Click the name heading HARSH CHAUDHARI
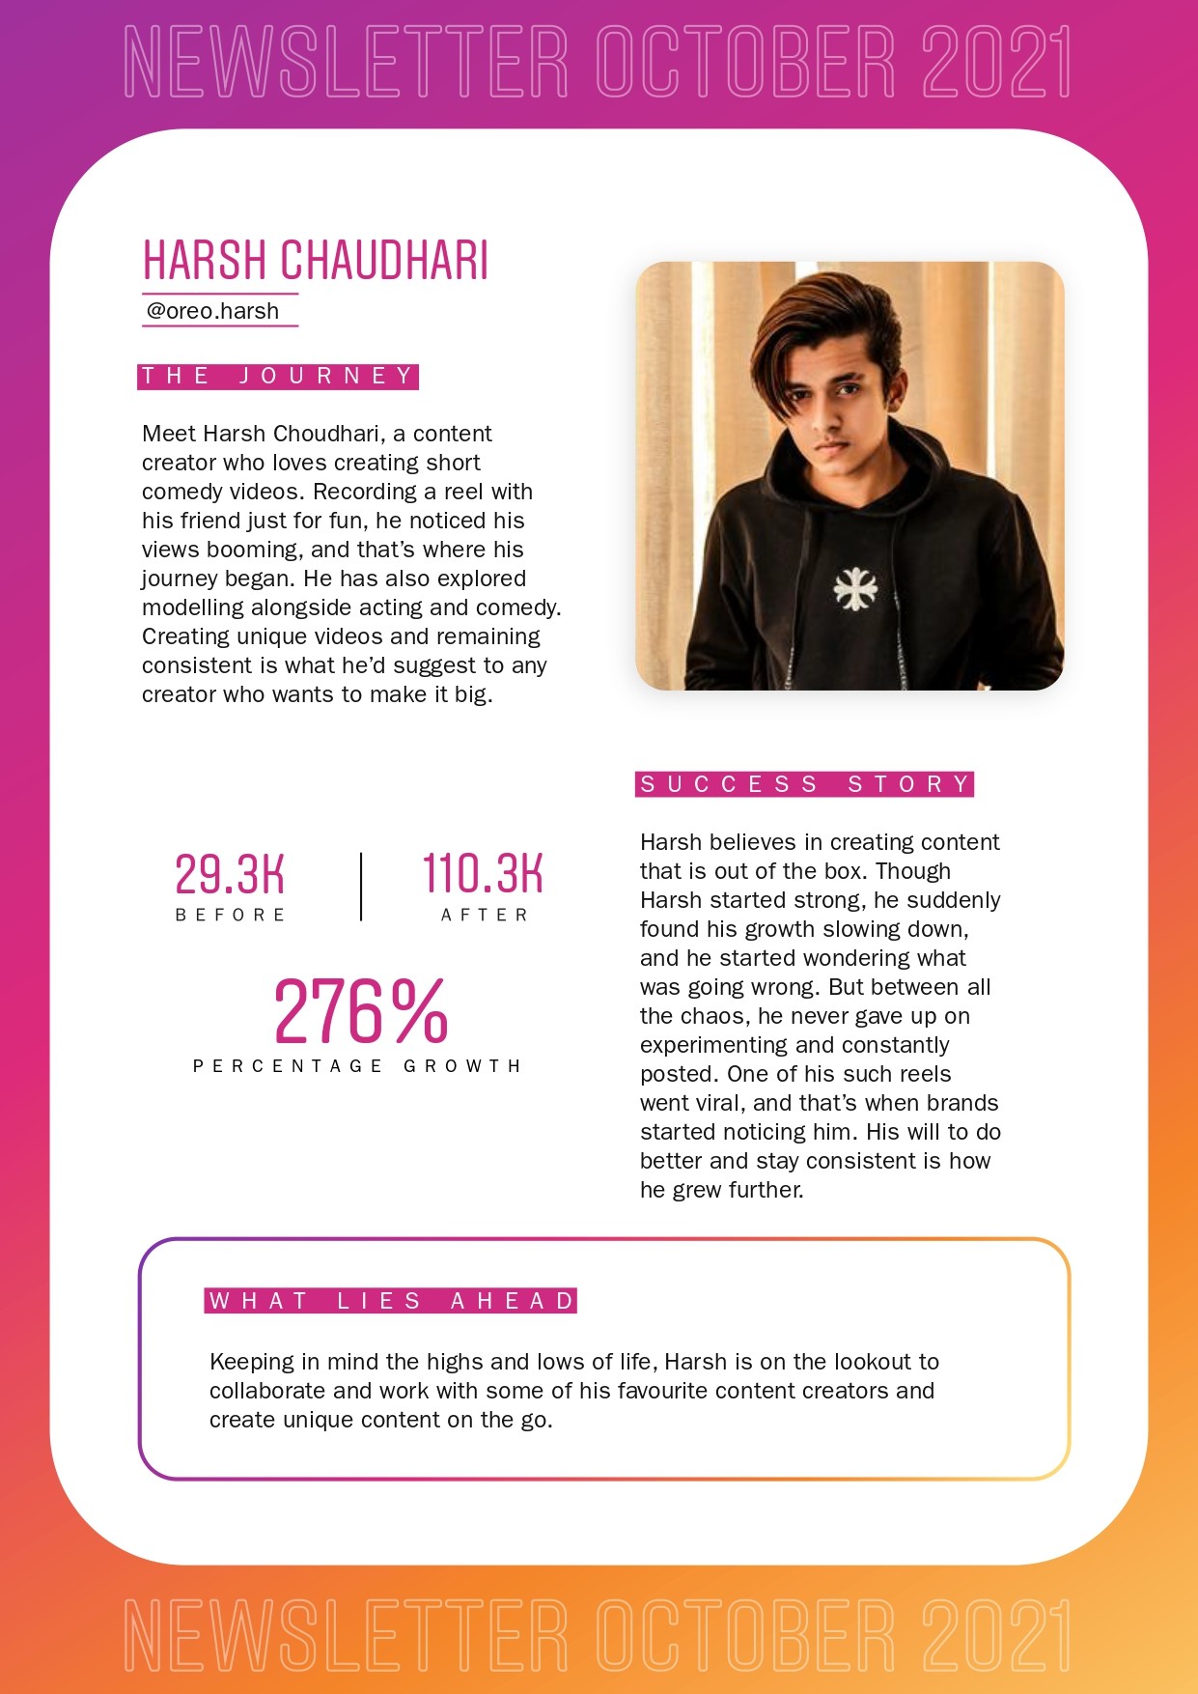pyautogui.click(x=316, y=260)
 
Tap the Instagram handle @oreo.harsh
pyautogui.click(x=212, y=311)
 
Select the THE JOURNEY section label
pyautogui.click(x=278, y=376)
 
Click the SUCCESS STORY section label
pyautogui.click(x=805, y=784)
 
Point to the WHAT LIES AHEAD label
pyautogui.click(x=391, y=1301)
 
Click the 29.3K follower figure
pyautogui.click(x=230, y=874)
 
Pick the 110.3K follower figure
pyautogui.click(x=483, y=874)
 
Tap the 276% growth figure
pyautogui.click(x=361, y=1011)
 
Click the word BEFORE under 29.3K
pyautogui.click(x=231, y=915)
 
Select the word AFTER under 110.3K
pyautogui.click(x=485, y=915)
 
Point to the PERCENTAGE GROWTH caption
pyautogui.click(x=357, y=1066)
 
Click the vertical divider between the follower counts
pyautogui.click(x=361, y=887)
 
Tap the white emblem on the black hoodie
pyautogui.click(x=855, y=589)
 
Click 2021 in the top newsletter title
pyautogui.click(x=996, y=63)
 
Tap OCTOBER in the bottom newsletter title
pyautogui.click(x=745, y=1635)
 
